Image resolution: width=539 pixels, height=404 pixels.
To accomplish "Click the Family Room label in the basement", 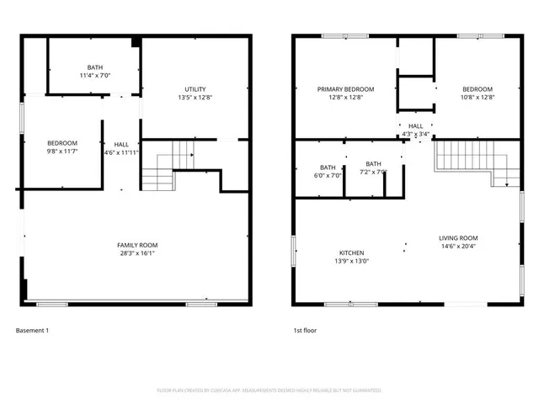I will (x=136, y=244).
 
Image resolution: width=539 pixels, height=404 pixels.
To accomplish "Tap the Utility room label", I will (x=195, y=89).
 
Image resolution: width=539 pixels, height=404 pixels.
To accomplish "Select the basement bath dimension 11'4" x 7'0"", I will (x=95, y=76).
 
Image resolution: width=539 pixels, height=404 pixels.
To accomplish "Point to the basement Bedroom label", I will (x=62, y=142).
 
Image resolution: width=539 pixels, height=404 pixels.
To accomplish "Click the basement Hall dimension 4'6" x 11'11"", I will (x=121, y=152).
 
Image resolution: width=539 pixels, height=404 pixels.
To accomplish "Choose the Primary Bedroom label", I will (x=345, y=88).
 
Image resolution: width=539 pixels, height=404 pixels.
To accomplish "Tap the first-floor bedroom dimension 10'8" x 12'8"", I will (x=478, y=97).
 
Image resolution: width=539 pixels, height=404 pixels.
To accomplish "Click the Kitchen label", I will (x=351, y=252).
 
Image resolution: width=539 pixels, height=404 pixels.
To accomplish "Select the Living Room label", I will (x=458, y=237).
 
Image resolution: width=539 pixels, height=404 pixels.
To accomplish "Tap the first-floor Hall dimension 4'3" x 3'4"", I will (x=416, y=134).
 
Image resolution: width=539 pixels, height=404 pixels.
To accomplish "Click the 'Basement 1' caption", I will (x=33, y=331).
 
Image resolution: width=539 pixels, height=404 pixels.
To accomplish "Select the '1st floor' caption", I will (x=305, y=331).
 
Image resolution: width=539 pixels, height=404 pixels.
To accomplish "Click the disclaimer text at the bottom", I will (x=269, y=391).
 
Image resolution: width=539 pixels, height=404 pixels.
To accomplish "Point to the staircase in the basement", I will (x=169, y=165).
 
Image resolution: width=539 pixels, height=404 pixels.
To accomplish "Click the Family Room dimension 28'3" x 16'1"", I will (x=136, y=252).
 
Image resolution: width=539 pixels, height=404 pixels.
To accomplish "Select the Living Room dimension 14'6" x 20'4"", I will (x=458, y=246).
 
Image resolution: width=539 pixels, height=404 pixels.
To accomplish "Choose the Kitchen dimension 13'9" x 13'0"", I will (x=351, y=261).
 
